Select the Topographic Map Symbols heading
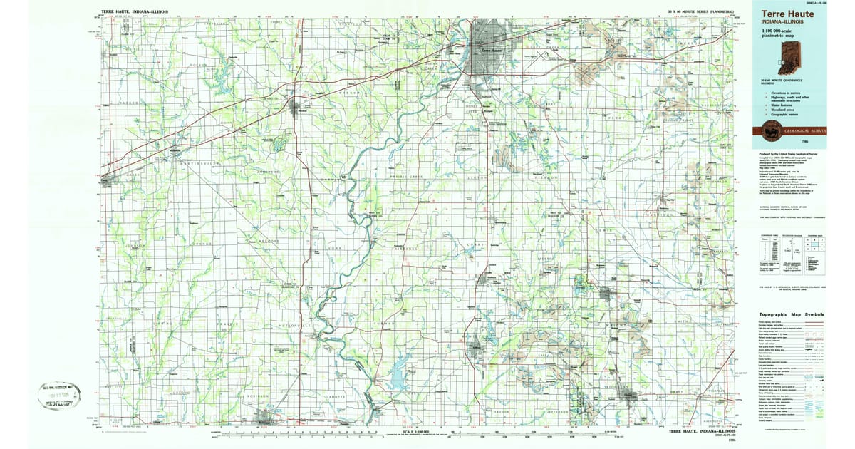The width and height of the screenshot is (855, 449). pyautogui.click(x=790, y=314)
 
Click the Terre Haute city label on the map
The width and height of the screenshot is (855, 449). pyautogui.click(x=492, y=51)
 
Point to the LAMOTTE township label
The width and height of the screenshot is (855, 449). pyautogui.click(x=336, y=396)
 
